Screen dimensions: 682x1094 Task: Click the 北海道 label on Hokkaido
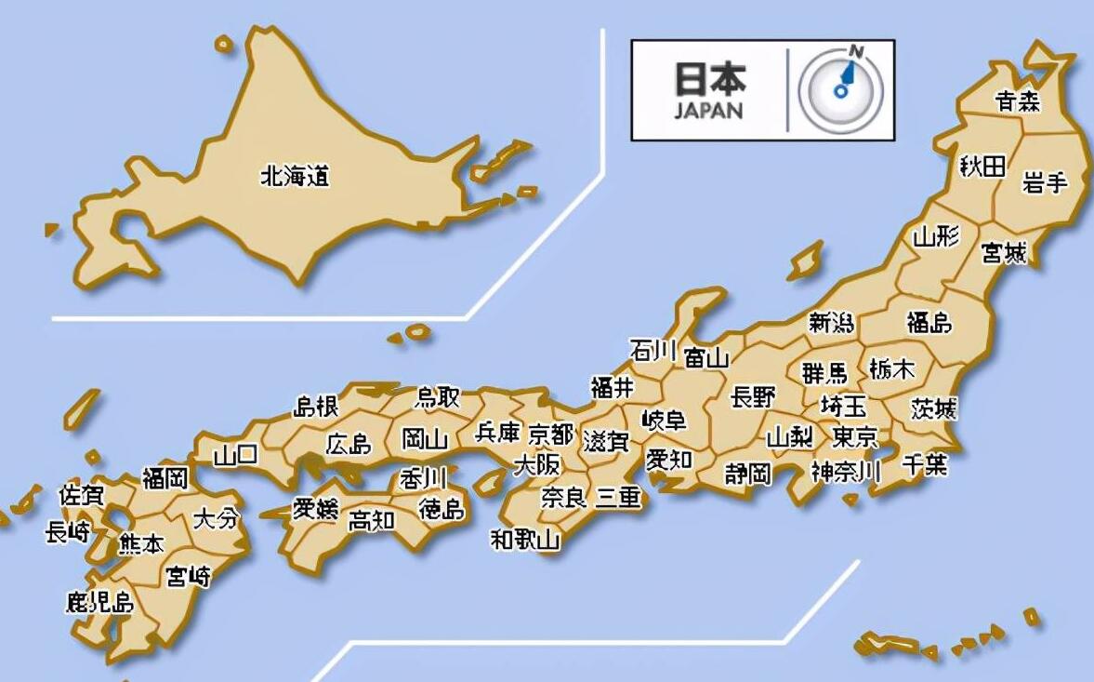pyautogui.click(x=296, y=176)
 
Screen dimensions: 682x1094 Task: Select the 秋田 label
pyautogui.click(x=983, y=167)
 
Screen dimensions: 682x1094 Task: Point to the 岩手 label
pyautogui.click(x=1045, y=183)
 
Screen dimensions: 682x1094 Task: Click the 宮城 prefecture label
pyautogui.click(x=1004, y=252)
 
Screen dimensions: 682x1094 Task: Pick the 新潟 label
pyautogui.click(x=831, y=323)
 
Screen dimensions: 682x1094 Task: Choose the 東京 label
pyautogui.click(x=855, y=436)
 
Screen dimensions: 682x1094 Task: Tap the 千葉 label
pyautogui.click(x=925, y=464)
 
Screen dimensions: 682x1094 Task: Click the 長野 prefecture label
pyautogui.click(x=753, y=397)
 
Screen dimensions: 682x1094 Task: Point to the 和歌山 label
pyautogui.click(x=526, y=539)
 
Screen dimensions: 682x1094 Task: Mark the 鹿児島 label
pyautogui.click(x=99, y=602)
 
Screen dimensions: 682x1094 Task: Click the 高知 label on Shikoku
pyautogui.click(x=371, y=521)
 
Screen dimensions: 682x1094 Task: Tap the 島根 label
pyautogui.click(x=316, y=407)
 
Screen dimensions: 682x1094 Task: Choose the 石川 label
pyautogui.click(x=652, y=351)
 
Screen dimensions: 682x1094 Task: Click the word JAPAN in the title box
pyautogui.click(x=709, y=111)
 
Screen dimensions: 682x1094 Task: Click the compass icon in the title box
pyautogui.click(x=841, y=90)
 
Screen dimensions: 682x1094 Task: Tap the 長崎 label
pyautogui.click(x=68, y=532)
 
